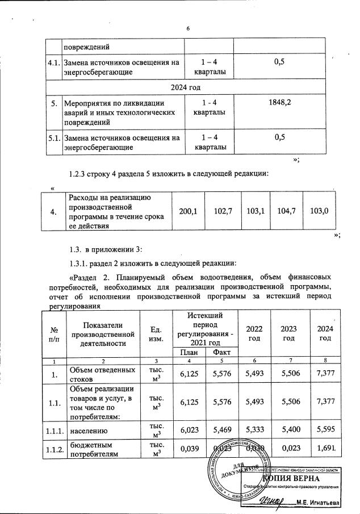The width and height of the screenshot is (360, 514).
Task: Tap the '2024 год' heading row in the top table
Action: pos(188,87)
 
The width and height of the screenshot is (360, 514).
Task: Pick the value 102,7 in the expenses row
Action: pos(223,211)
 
